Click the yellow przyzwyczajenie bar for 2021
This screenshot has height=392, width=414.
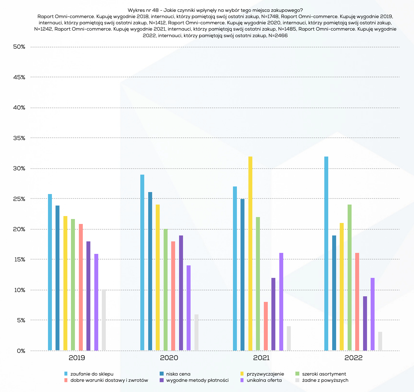click(250, 253)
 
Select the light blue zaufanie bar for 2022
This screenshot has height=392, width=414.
click(326, 253)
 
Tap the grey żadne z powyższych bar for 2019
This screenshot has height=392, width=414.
click(104, 320)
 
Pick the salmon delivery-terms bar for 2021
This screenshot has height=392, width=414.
click(266, 326)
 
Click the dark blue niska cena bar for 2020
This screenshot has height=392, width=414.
click(150, 271)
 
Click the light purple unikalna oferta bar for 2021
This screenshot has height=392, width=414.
click(281, 301)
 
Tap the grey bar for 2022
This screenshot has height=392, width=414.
click(380, 341)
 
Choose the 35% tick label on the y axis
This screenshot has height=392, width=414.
click(19, 138)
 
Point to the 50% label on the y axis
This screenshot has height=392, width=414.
click(19, 47)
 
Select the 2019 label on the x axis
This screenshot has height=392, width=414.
click(77, 358)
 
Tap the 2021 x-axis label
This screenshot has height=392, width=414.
click(261, 358)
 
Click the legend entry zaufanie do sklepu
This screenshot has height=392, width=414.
click(92, 374)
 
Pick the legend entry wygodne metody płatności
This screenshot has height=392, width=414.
click(197, 380)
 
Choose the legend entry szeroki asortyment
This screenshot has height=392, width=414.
click(324, 374)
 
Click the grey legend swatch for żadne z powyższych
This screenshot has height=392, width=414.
click(297, 380)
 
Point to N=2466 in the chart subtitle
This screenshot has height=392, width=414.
click(278, 36)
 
